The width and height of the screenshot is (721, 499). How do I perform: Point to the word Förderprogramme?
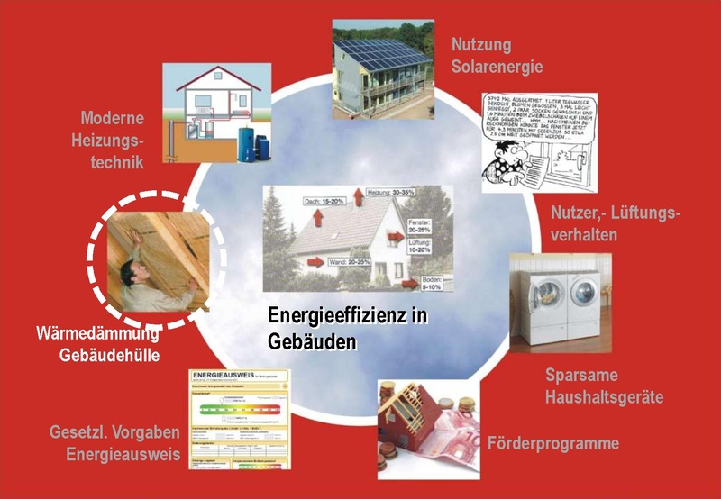click(x=552, y=443)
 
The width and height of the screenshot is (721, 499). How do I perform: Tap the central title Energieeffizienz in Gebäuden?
click(x=346, y=329)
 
